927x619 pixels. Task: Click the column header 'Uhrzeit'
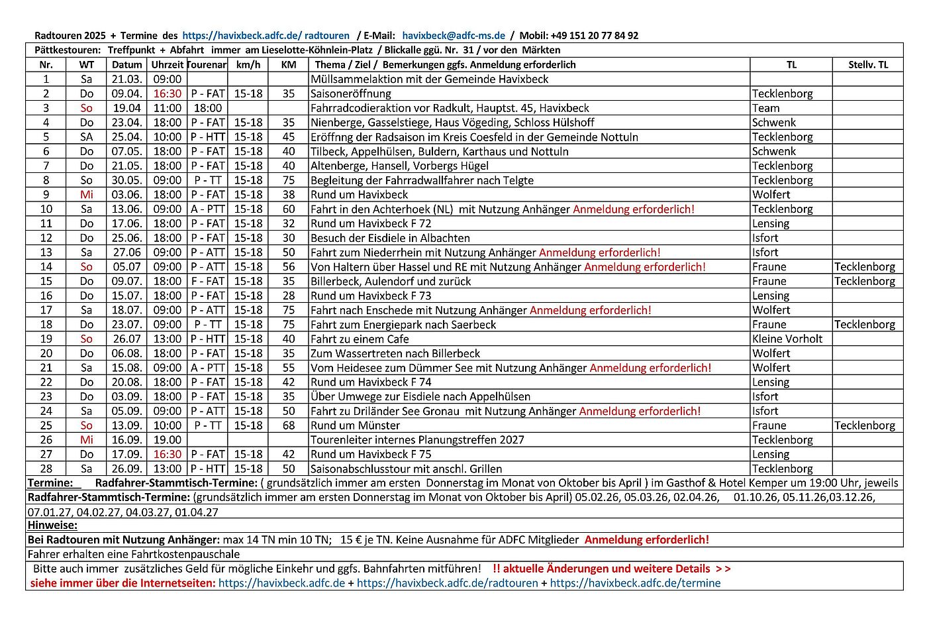tap(167, 65)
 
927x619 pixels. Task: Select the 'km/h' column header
tap(248, 65)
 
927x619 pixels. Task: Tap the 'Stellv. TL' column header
tap(867, 65)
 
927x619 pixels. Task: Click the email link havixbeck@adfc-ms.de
tap(454, 36)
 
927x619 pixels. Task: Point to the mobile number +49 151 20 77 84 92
tap(594, 36)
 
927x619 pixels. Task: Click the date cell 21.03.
tap(126, 80)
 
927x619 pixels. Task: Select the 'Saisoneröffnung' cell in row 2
tap(351, 94)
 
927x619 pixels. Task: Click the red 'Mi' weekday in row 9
tap(86, 195)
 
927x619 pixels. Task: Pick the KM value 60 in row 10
tap(289, 209)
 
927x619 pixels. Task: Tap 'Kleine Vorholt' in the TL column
tap(787, 339)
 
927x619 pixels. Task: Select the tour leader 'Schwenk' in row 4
tap(773, 123)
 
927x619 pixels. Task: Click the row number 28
tap(46, 469)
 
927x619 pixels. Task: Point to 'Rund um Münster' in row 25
tap(356, 425)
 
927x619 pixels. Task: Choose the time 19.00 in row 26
tap(167, 440)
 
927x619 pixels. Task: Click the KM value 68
tap(289, 425)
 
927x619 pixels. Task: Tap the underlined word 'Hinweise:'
tap(52, 526)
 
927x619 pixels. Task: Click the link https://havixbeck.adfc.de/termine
tap(635, 584)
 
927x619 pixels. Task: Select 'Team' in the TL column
tap(765, 108)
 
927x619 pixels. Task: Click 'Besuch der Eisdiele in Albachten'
tap(390, 238)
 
